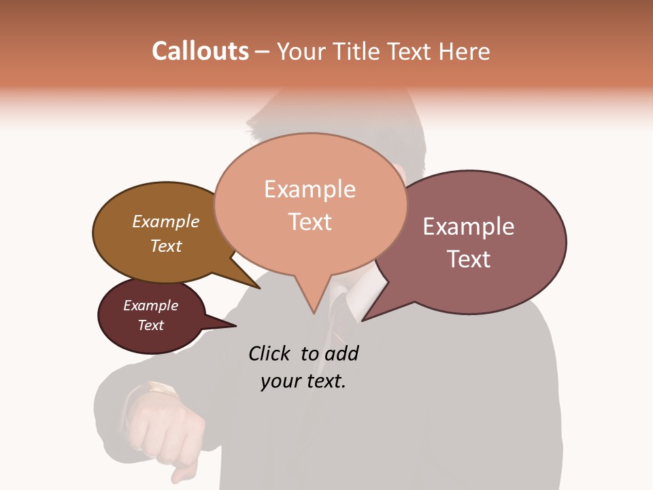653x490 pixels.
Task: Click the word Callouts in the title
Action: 200,51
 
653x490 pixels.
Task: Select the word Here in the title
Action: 465,51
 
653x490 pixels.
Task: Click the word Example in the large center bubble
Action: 309,189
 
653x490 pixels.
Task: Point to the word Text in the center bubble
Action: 309,221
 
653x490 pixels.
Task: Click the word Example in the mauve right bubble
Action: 468,227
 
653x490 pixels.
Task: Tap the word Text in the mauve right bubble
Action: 469,259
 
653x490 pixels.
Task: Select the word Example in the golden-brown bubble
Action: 165,221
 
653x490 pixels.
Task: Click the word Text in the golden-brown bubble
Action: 165,246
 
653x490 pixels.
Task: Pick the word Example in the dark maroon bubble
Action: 150,306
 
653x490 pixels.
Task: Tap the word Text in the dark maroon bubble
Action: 150,325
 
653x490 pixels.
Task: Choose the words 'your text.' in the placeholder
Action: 303,381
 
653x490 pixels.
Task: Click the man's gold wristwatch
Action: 161,390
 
